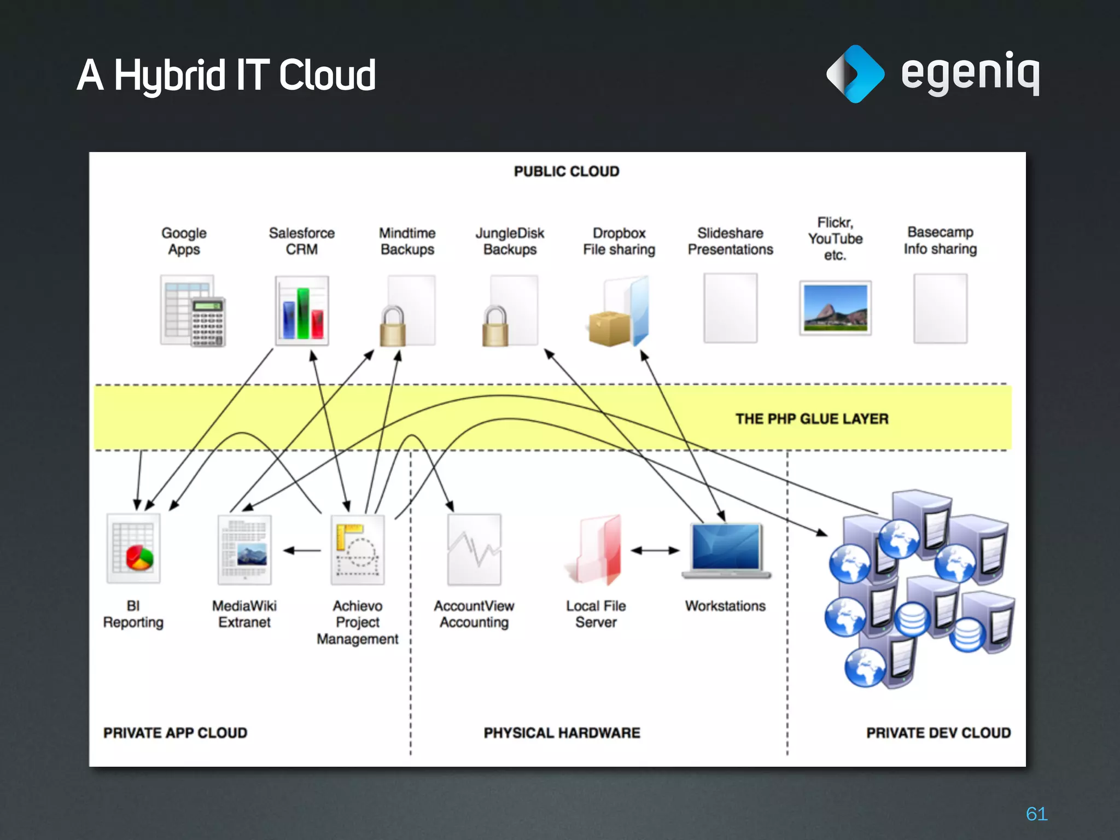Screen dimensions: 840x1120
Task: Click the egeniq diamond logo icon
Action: coord(854,74)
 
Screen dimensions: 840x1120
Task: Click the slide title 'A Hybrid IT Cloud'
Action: coord(226,75)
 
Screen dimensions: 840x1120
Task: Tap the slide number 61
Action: coord(1036,814)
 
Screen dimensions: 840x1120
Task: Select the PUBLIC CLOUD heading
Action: coord(566,172)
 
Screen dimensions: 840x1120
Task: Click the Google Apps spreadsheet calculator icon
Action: coord(192,311)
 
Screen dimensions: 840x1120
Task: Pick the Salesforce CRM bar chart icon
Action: coord(302,311)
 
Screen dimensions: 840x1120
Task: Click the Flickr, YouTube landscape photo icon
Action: coord(835,308)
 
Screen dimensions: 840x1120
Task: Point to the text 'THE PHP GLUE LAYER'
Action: coord(812,419)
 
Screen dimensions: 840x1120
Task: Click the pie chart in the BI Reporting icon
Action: coord(139,558)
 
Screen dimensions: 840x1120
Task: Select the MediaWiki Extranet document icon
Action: coord(244,549)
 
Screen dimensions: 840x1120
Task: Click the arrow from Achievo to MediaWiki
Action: coord(302,551)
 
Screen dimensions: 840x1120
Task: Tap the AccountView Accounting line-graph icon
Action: coord(474,549)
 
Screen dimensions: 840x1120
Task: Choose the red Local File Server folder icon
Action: coord(596,550)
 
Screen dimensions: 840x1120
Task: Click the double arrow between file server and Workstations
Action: coord(655,551)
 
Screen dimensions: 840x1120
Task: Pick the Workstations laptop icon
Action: coord(726,550)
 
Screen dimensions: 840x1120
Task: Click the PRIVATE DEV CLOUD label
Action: coord(938,733)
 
